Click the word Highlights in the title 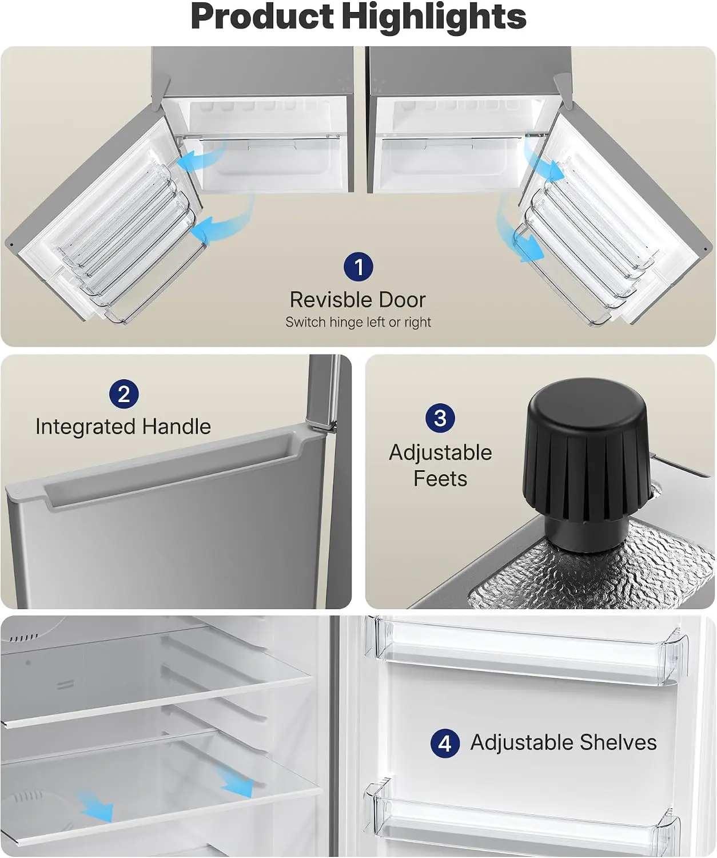coord(434,17)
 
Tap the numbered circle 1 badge coord(358,267)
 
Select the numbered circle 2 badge coord(124,394)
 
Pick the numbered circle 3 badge coord(440,418)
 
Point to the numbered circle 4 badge coord(445,743)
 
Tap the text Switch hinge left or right coord(358,322)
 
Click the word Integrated coord(85,427)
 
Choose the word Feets coord(440,479)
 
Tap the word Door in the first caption coord(402,300)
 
